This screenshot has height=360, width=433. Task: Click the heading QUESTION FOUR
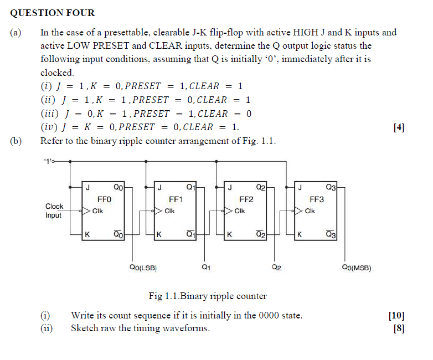(x=53, y=13)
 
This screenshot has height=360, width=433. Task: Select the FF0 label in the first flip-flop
(x=104, y=199)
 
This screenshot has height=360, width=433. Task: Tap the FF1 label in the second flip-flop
(x=176, y=199)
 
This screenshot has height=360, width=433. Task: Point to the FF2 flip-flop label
(x=246, y=199)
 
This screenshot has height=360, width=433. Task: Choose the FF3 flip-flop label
(x=317, y=199)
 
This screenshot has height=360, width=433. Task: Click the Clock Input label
(x=54, y=210)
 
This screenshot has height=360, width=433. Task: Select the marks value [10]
(x=396, y=316)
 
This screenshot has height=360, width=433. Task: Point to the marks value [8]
(x=398, y=328)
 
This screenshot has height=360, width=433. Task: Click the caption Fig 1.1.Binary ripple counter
(x=208, y=296)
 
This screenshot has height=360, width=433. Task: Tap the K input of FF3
(x=300, y=235)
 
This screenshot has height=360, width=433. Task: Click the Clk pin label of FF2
(x=240, y=211)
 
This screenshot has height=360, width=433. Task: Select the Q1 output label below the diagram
(x=206, y=269)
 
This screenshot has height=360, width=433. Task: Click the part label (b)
(x=16, y=141)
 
